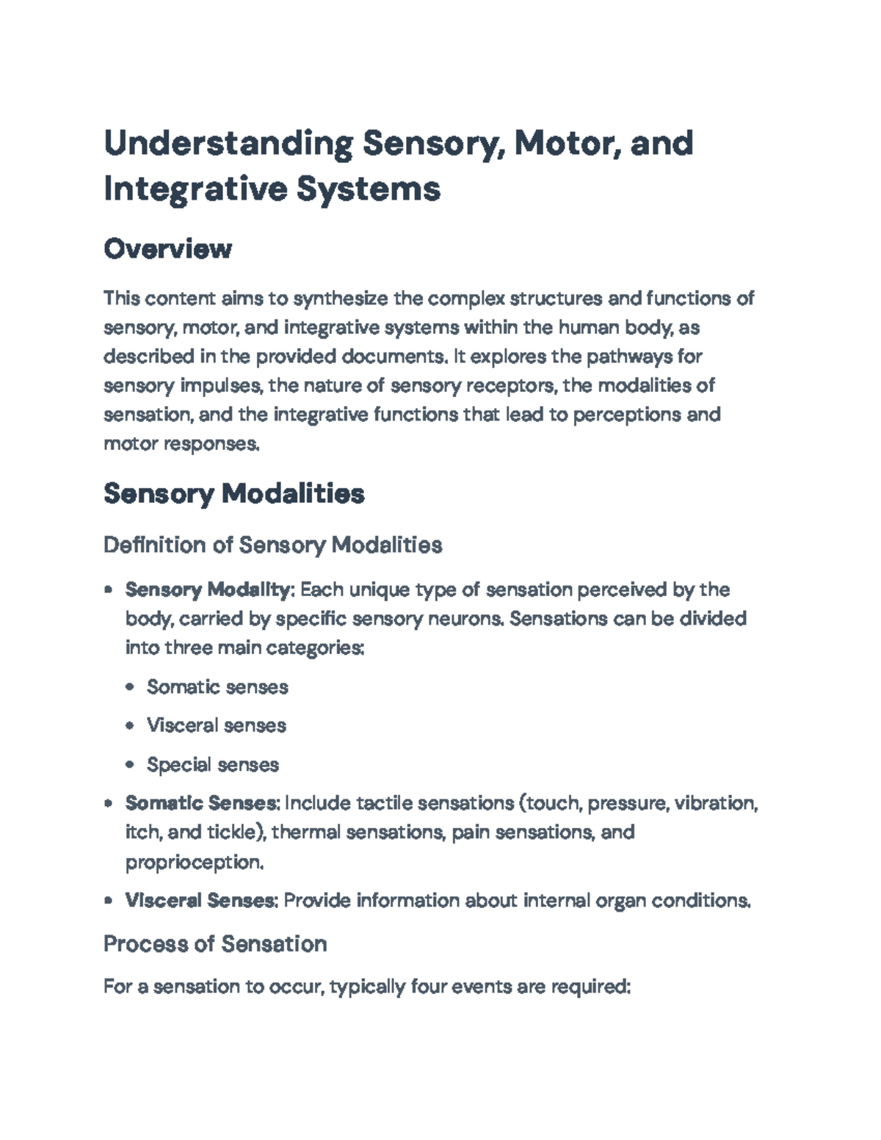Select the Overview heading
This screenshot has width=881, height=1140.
pyautogui.click(x=167, y=249)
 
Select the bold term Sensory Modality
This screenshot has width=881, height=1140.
pyautogui.click(x=208, y=589)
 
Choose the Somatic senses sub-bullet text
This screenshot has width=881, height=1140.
pyautogui.click(x=217, y=687)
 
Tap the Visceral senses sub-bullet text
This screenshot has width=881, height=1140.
pyautogui.click(x=216, y=725)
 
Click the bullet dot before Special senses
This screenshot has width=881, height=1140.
pyautogui.click(x=130, y=765)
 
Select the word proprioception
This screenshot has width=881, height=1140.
pyautogui.click(x=193, y=862)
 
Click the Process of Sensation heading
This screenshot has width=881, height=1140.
pyautogui.click(x=215, y=943)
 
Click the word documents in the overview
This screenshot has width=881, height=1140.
pyautogui.click(x=393, y=357)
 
